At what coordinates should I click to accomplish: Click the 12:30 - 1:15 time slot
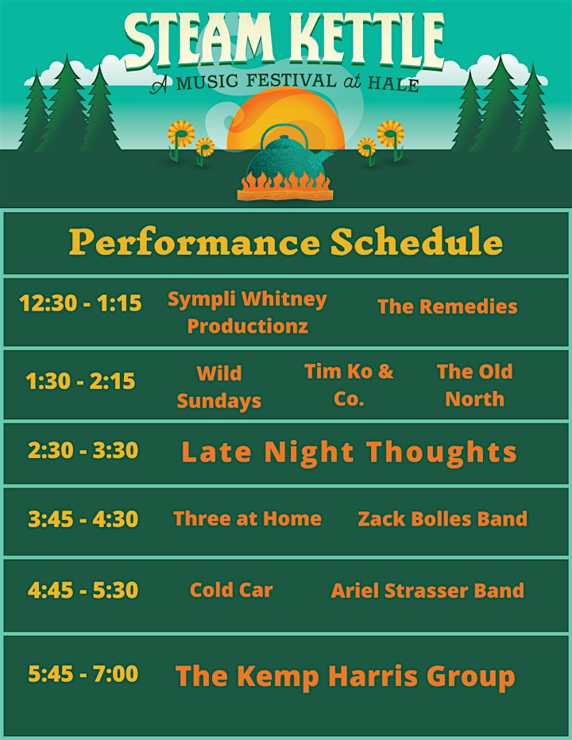pos(80,303)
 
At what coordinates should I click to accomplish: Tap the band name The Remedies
pos(447,306)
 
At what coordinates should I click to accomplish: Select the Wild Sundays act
pos(218,387)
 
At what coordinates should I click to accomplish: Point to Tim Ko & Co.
pos(349,385)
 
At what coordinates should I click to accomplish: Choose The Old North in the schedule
pos(475,385)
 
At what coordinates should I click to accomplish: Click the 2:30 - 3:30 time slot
pos(83,450)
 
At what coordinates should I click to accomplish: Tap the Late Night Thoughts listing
pos(349,452)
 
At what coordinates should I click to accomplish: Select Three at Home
pos(248,518)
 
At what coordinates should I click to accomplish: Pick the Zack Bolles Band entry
pos(443,518)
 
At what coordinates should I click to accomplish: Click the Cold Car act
pos(231,590)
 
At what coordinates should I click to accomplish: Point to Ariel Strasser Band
pos(427,591)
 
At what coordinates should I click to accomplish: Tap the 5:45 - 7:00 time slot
pos(83,673)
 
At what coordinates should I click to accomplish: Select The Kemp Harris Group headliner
pos(346,676)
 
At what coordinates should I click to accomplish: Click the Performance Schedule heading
pos(286,241)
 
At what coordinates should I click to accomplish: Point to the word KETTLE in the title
pos(366,40)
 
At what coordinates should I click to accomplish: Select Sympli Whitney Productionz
pos(248,312)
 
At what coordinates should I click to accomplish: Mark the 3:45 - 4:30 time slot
pos(83,519)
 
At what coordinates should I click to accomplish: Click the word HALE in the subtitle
pos(393,84)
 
